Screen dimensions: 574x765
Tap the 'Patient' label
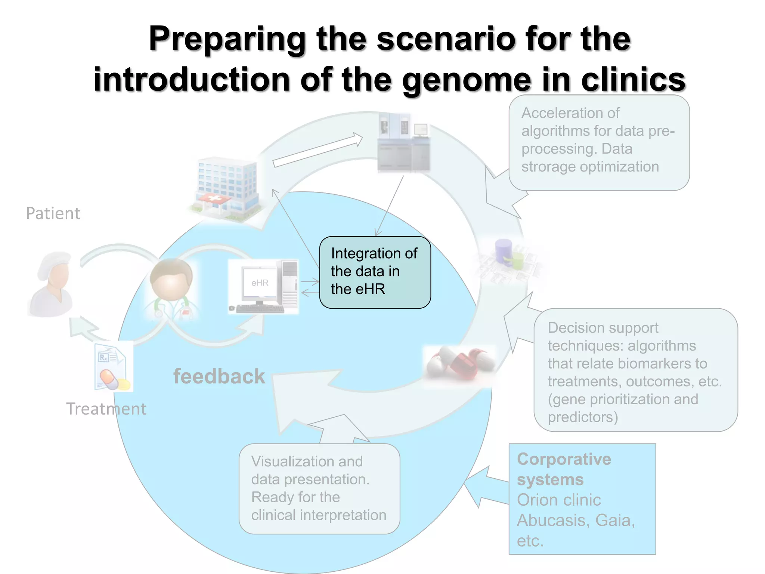[x=53, y=213]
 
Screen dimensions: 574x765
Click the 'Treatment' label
[x=106, y=409]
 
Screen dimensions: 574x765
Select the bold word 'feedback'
[x=219, y=376]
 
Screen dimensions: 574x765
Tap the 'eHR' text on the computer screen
[x=260, y=283]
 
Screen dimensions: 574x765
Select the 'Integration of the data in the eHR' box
[x=375, y=272]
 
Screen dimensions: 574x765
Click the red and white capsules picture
[x=460, y=364]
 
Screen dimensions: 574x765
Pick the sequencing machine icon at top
[x=403, y=144]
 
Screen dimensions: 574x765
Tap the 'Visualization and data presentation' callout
[x=319, y=488]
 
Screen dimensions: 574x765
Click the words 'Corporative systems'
[x=564, y=469]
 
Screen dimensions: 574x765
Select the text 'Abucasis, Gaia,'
[x=576, y=520]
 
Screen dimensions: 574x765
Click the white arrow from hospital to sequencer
[x=318, y=151]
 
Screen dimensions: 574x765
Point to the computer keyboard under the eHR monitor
[x=260, y=309]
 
